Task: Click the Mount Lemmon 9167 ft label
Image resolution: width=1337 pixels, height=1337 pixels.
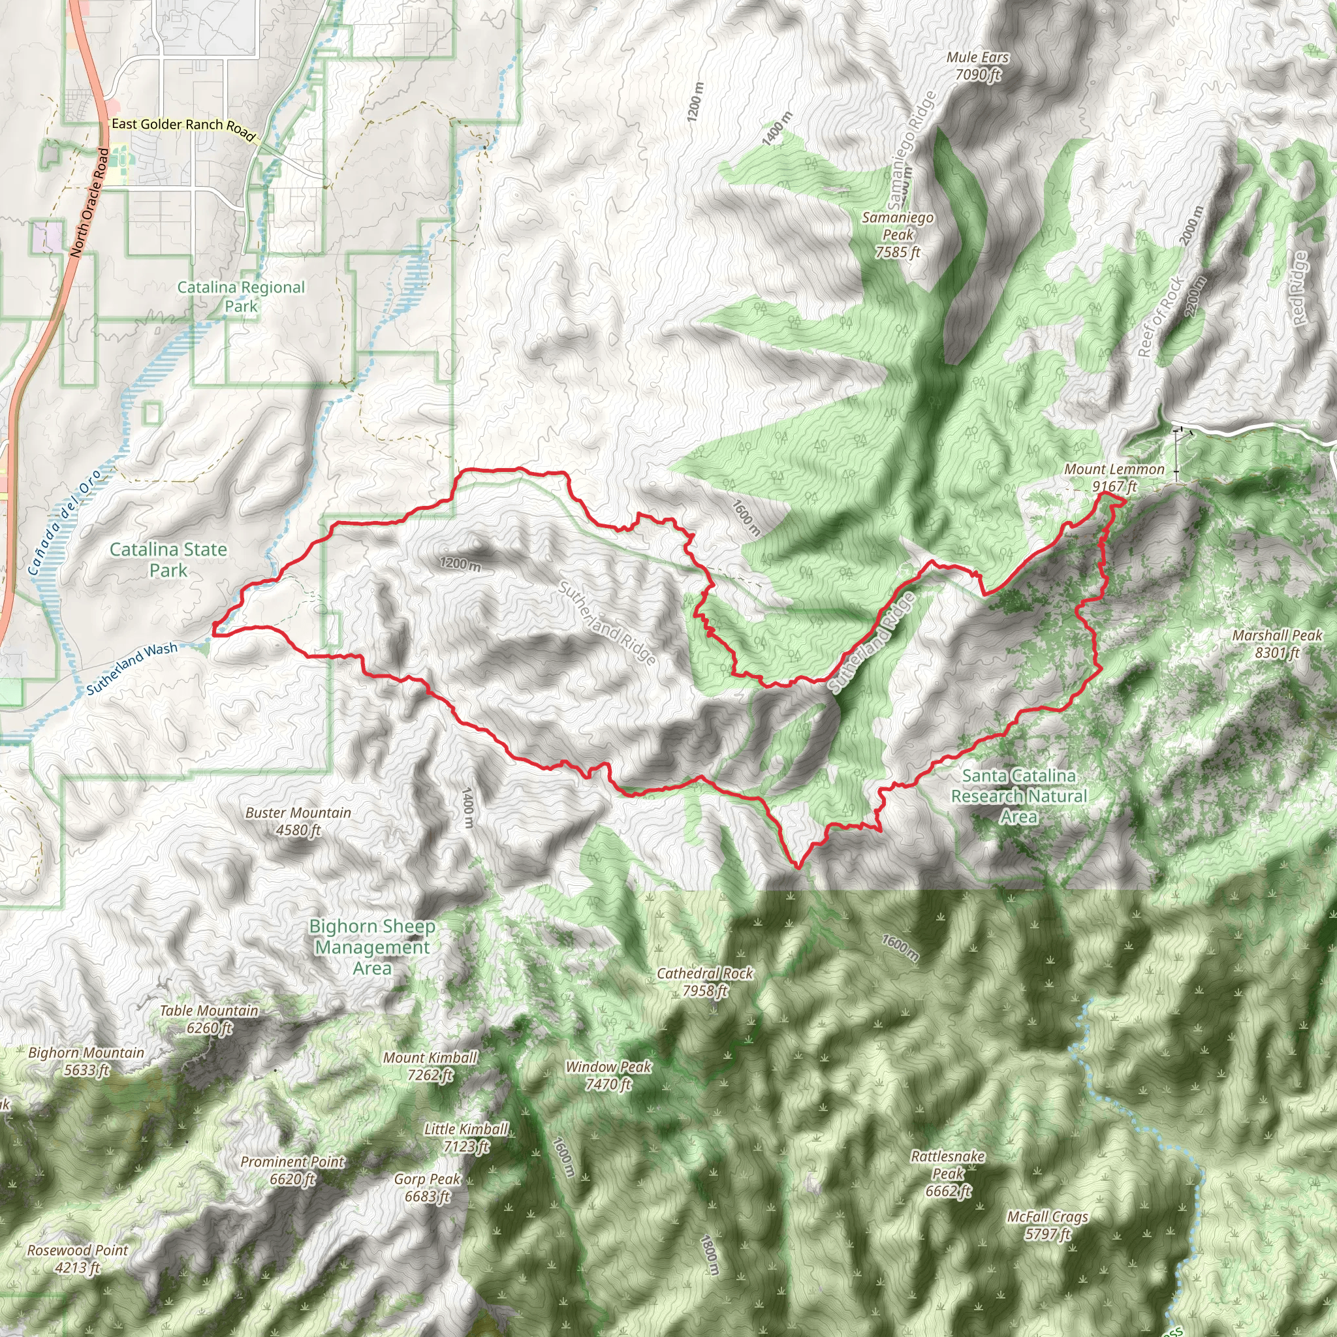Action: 1114,477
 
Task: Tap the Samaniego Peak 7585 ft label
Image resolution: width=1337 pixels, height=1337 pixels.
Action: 898,234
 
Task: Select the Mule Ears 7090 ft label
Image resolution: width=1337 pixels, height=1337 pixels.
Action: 977,66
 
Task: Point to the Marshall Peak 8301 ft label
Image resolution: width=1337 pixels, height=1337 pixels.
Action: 1277,643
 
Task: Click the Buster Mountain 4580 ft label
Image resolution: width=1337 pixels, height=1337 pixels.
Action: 298,821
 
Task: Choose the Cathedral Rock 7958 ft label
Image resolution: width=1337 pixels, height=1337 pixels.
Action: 704,981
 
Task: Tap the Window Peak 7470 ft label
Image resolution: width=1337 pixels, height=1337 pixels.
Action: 608,1075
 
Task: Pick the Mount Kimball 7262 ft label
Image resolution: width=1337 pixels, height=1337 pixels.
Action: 430,1065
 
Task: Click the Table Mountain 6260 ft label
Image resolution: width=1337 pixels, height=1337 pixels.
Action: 209,1018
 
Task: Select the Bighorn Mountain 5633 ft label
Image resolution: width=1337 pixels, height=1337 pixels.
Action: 87,1061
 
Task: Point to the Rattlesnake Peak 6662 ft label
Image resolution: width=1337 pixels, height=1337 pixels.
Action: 947,1173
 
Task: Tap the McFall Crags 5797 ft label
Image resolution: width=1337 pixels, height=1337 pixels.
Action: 1047,1225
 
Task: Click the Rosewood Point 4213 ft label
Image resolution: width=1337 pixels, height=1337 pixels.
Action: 78,1259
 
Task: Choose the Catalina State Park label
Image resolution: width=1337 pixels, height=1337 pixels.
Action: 168,559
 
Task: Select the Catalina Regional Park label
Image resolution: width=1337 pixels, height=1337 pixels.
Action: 241,296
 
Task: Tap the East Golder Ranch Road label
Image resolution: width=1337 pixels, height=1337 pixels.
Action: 183,127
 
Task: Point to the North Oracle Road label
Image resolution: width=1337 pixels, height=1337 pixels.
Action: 90,202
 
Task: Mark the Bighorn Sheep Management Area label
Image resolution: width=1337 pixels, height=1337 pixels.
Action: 372,947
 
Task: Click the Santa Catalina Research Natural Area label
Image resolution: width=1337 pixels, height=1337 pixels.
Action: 1018,796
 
